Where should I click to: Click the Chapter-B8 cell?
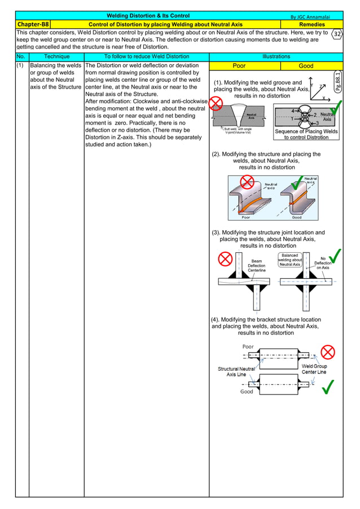[x=33, y=24]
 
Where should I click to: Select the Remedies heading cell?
[x=311, y=24]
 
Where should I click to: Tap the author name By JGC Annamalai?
[x=309, y=16]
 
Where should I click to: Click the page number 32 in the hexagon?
[x=337, y=34]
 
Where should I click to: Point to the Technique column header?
[x=56, y=56]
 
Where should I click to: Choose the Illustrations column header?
[x=276, y=56]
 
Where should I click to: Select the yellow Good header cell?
[x=306, y=66]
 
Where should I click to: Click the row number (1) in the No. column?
[x=21, y=66]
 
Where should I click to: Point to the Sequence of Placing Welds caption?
[x=306, y=134]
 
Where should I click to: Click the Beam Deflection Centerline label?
[x=256, y=266]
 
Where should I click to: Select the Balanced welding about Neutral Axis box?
[x=289, y=260]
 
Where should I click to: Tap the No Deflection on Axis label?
[x=323, y=263]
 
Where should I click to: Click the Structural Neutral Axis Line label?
[x=236, y=371]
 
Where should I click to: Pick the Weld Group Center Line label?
[x=314, y=369]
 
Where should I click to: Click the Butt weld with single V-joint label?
[x=238, y=130]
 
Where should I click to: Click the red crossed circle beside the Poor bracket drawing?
[x=328, y=352]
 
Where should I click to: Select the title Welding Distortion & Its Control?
[x=148, y=16]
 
